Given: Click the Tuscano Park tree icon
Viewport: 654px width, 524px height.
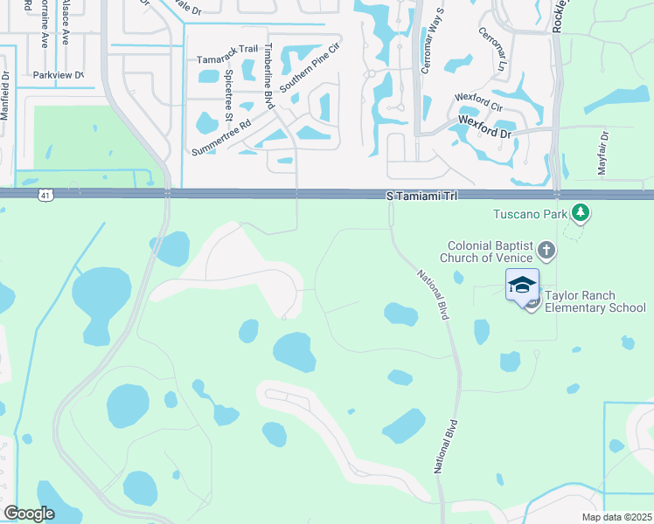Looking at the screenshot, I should (580, 212).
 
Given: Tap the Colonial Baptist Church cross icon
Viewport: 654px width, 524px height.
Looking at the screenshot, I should (546, 252).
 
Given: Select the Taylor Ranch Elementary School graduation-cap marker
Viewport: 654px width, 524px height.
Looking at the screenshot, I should (522, 286).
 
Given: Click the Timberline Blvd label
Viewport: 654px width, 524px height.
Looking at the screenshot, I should (269, 75).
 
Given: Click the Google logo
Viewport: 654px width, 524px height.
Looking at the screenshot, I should (29, 514).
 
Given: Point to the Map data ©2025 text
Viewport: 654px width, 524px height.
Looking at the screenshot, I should (616, 517).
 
